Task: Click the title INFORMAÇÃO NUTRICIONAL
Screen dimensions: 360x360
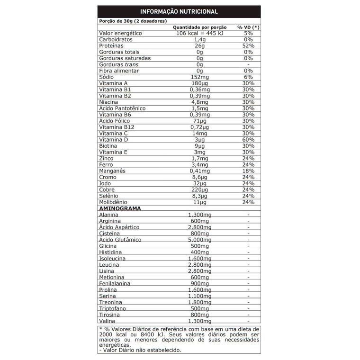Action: click(179, 11)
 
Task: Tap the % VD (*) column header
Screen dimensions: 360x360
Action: click(248, 27)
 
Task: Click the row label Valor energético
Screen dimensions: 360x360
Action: click(120, 34)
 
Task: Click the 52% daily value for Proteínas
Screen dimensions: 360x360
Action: click(248, 46)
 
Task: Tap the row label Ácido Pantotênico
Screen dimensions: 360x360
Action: click(122, 108)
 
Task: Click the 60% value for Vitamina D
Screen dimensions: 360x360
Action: click(248, 139)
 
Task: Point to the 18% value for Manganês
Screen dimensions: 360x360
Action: click(248, 171)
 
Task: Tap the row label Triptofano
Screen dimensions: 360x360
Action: click(114, 308)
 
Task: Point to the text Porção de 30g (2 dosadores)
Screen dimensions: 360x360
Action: click(133, 21)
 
